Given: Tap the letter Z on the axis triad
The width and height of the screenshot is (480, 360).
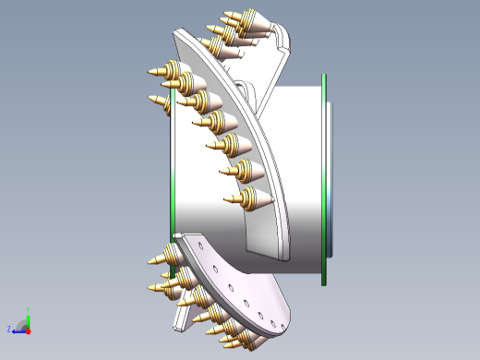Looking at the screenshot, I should click(9, 328).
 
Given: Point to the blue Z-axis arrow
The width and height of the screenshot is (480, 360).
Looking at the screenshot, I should click(18, 330).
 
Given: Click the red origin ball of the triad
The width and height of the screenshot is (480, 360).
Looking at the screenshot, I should click(29, 329).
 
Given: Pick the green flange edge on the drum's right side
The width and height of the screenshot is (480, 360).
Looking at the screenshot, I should click(323, 175).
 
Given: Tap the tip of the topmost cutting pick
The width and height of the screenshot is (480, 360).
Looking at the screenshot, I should click(224, 12).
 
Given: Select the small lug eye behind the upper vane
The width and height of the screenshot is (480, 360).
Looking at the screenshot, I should click(246, 88).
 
